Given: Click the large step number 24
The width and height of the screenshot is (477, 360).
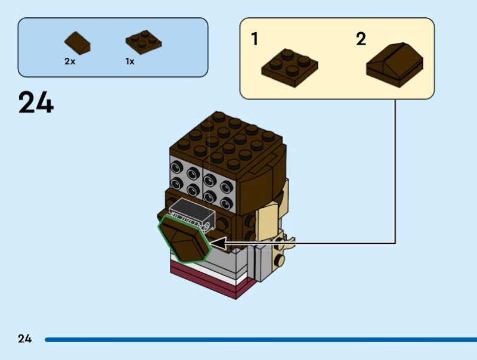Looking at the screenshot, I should pyautogui.click(x=36, y=103).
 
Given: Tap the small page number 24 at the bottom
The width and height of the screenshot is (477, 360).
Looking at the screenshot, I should pyautogui.click(x=24, y=339).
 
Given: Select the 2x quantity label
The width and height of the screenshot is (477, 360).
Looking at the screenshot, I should pyautogui.click(x=70, y=61).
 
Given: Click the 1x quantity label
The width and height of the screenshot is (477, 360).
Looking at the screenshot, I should pyautogui.click(x=130, y=61).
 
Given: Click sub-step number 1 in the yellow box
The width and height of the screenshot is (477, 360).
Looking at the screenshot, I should pyautogui.click(x=255, y=40).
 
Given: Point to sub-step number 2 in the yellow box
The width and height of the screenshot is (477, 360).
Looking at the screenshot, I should pyautogui.click(x=361, y=40).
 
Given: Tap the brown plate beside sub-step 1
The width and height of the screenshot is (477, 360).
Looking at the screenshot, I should pyautogui.click(x=289, y=65).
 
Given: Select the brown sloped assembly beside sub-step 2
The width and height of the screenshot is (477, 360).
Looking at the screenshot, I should pyautogui.click(x=395, y=65).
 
